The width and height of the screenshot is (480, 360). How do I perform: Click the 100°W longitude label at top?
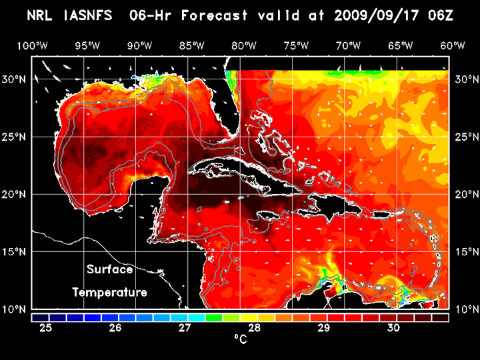(x=32, y=46)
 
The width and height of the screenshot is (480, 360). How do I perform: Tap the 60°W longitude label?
(x=453, y=46)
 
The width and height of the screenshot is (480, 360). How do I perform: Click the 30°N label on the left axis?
(x=14, y=79)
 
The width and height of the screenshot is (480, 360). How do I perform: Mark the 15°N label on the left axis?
(x=14, y=252)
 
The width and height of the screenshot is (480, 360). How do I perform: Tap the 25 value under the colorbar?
(x=46, y=328)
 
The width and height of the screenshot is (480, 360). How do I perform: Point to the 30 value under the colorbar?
(x=393, y=328)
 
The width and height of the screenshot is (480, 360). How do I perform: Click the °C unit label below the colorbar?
(x=240, y=340)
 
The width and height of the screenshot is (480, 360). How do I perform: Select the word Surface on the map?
(x=109, y=270)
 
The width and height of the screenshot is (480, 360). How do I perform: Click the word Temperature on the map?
(x=109, y=292)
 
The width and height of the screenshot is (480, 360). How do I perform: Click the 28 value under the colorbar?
(x=254, y=328)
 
